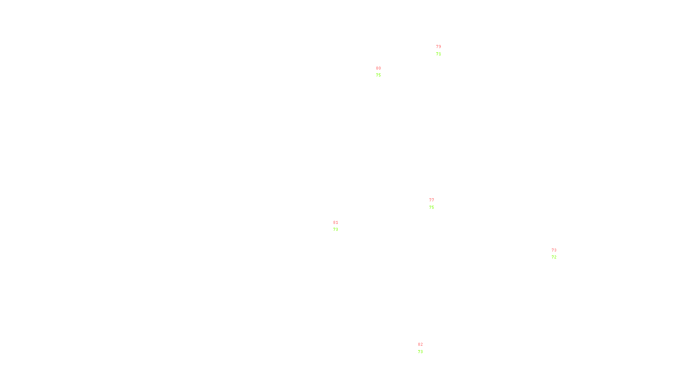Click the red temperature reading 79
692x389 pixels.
439,47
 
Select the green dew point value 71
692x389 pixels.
439,54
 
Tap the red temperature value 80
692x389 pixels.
378,68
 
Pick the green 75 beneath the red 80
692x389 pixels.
378,75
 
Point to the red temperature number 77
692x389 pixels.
432,200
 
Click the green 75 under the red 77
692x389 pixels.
432,207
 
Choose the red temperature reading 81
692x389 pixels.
336,223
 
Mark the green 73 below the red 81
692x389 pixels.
336,230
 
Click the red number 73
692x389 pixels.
554,250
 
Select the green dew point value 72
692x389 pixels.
554,257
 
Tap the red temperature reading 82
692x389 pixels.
420,344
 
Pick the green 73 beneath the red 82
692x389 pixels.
420,352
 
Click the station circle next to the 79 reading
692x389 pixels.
442,51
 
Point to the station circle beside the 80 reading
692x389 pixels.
383,72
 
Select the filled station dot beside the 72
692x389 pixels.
558,254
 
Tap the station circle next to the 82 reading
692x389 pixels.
424,348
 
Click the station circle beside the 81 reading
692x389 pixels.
340,226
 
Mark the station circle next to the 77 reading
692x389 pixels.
436,204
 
